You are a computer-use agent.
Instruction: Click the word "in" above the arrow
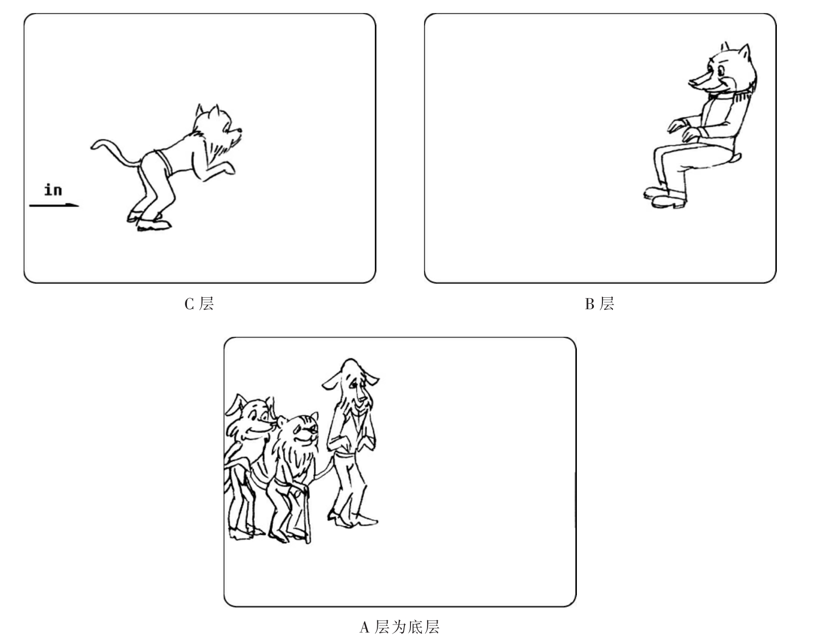coord(53,189)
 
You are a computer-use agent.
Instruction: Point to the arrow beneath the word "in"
coord(54,205)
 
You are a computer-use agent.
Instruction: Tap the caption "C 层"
coord(199,304)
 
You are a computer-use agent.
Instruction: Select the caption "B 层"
coord(599,304)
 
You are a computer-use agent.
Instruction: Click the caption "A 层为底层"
coord(399,627)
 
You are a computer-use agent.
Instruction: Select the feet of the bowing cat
coord(149,221)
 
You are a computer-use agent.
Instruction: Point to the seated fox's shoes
coord(665,197)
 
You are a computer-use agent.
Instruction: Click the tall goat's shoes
coord(352,520)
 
